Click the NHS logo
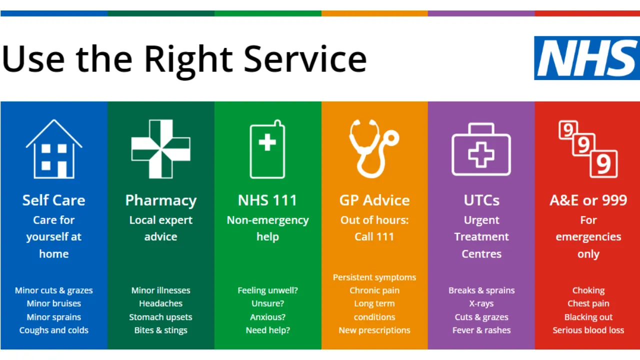point(587,58)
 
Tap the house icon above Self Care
point(54,149)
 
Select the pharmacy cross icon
point(161,149)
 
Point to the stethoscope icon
point(373,149)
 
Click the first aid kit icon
point(481,149)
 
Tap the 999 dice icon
point(588,149)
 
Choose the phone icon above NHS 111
point(267,149)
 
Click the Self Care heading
point(53,200)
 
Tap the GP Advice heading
point(374,200)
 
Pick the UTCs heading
point(481,200)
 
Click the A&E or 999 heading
point(588,200)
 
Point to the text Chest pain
point(588,303)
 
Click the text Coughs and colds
point(53,330)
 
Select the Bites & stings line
point(161,330)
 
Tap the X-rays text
point(481,303)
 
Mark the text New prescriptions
point(374,330)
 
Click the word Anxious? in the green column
point(267,317)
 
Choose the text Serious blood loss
point(588,330)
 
